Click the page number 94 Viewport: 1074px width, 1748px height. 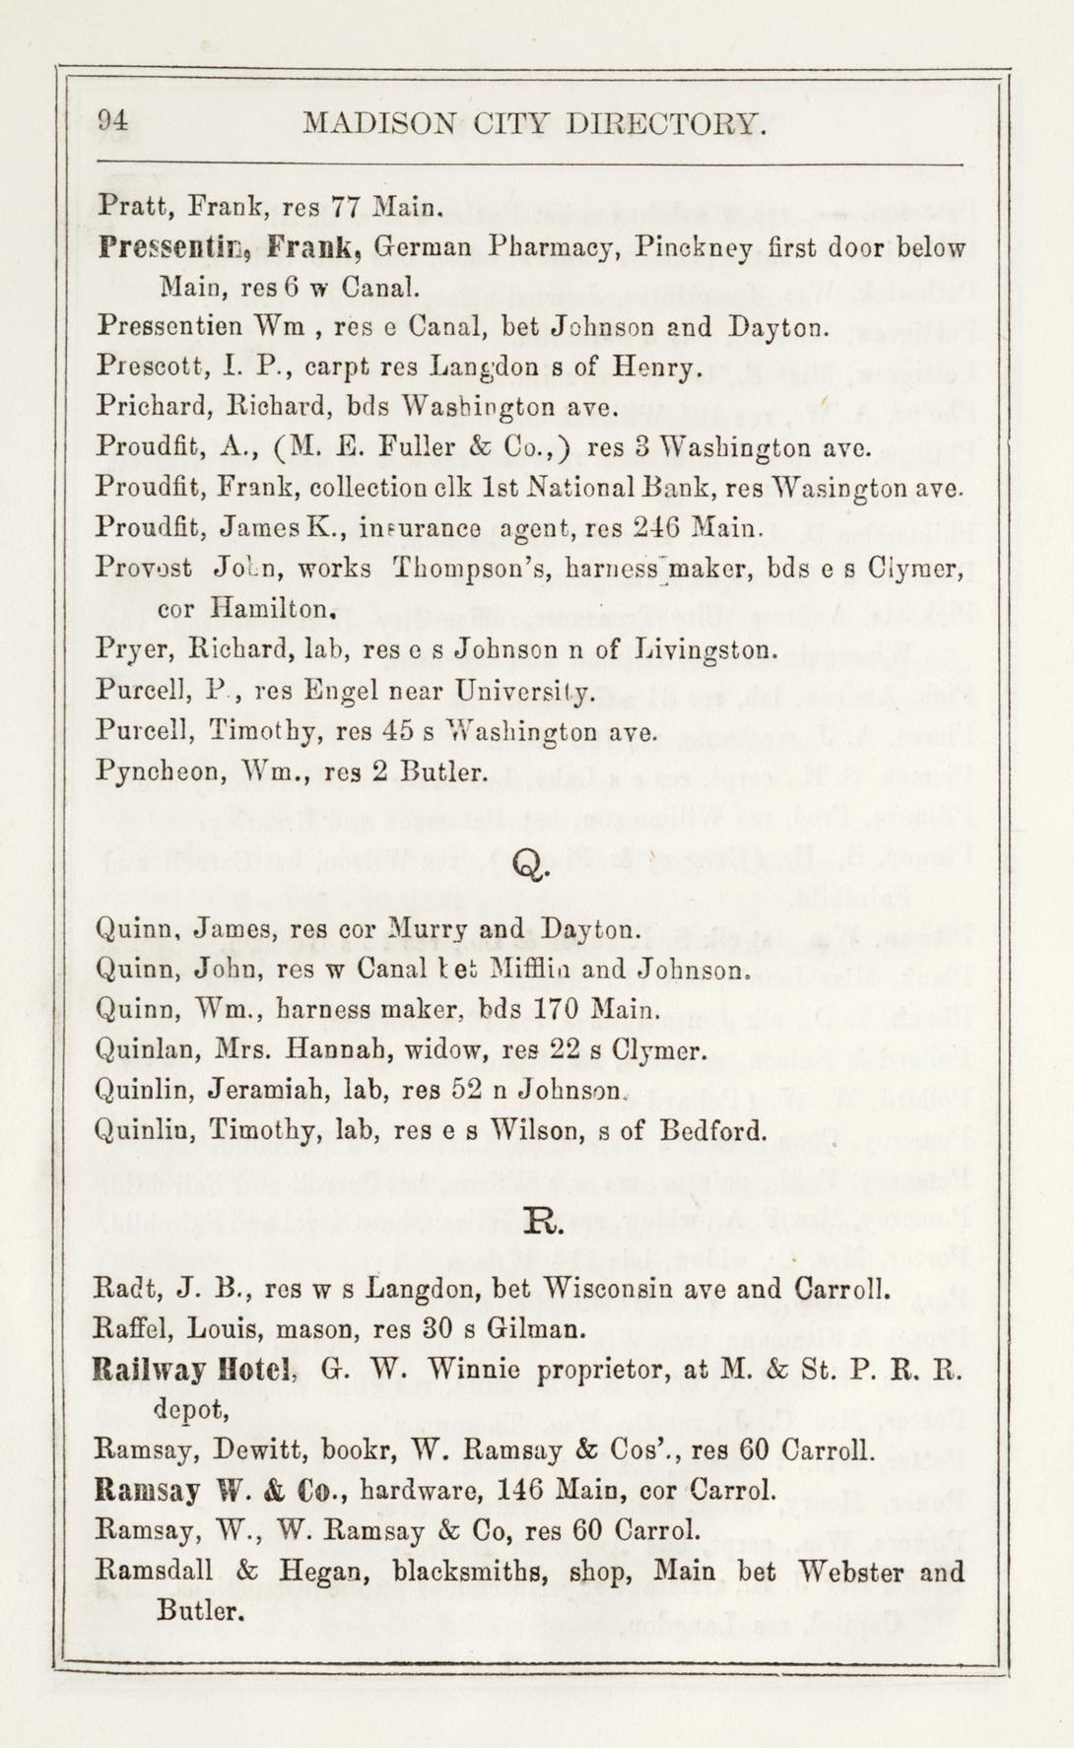pos(114,122)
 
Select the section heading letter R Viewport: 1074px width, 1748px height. pos(544,1226)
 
